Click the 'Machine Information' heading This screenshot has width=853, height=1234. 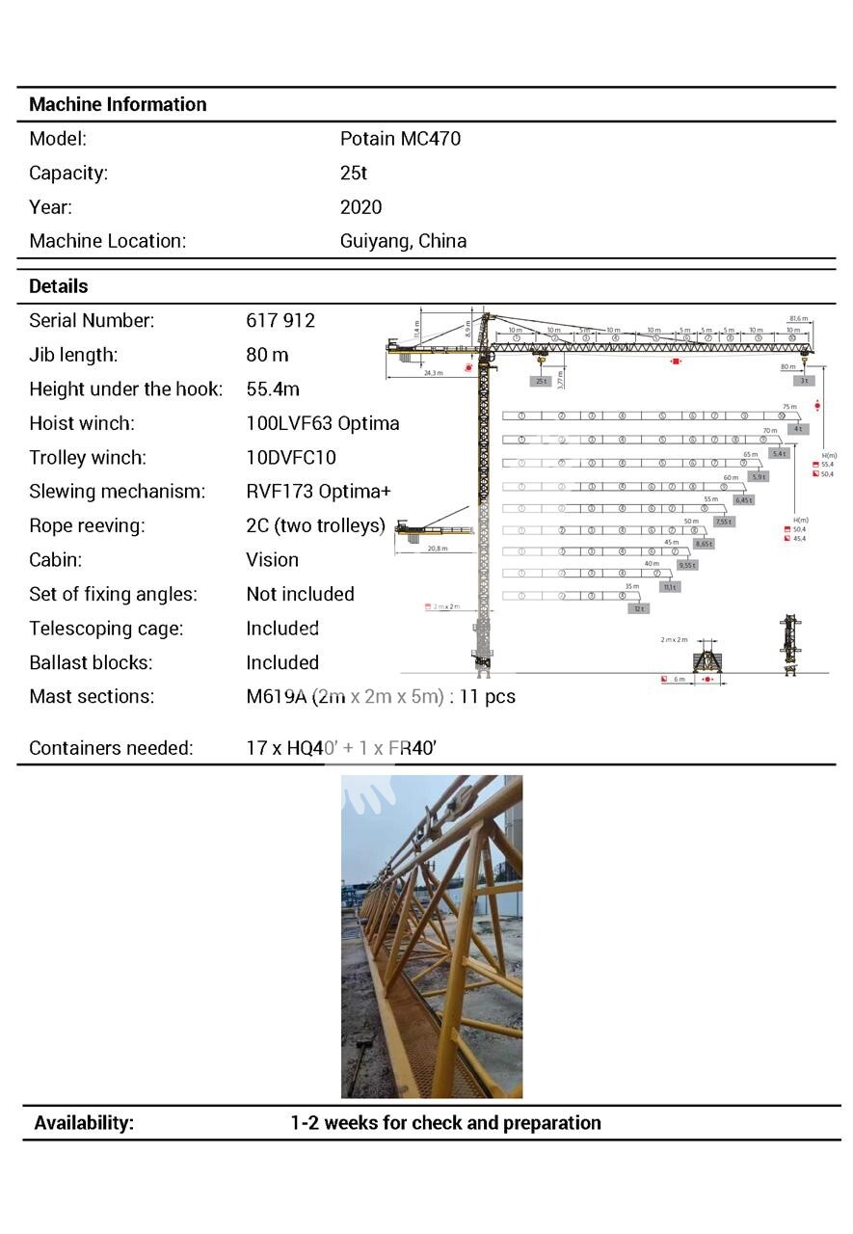click(118, 104)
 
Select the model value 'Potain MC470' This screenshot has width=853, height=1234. click(400, 139)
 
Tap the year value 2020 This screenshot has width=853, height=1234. click(360, 207)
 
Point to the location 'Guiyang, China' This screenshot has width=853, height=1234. click(403, 241)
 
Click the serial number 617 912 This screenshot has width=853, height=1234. click(280, 321)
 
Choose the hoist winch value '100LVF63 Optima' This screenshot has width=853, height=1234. click(322, 423)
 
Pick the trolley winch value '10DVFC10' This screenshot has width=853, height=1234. click(291, 458)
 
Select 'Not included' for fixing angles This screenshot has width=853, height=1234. click(300, 595)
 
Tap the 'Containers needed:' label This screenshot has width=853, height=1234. click(111, 748)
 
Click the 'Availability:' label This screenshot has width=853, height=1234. click(84, 1123)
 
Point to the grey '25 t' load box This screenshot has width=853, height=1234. click(541, 381)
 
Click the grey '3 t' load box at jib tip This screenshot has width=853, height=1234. click(805, 381)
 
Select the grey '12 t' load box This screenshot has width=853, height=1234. click(638, 608)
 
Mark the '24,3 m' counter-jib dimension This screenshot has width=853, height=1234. click(432, 372)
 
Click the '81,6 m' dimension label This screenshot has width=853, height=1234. click(798, 318)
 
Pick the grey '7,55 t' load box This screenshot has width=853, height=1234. click(723, 522)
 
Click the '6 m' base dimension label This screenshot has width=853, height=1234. click(679, 680)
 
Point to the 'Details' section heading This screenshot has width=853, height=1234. click(58, 286)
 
